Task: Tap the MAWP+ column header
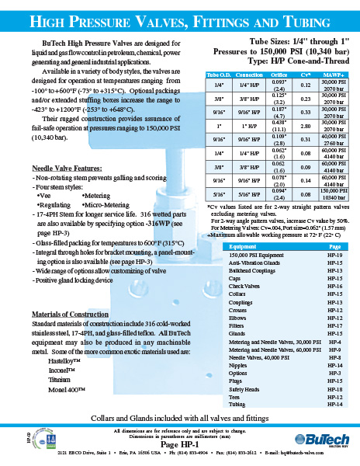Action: (x=333, y=75)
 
